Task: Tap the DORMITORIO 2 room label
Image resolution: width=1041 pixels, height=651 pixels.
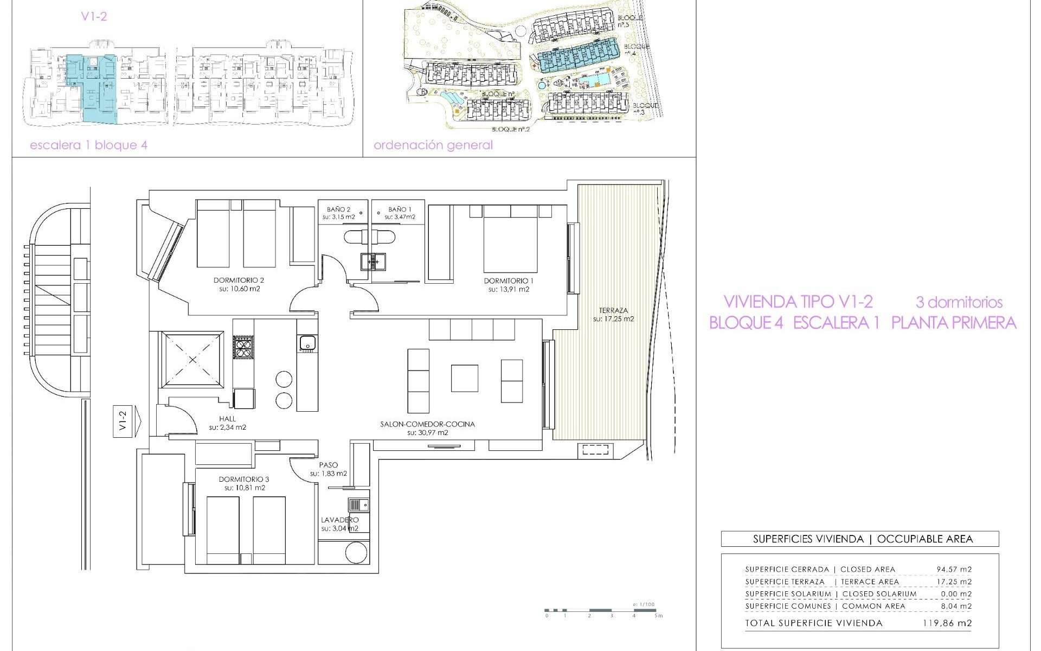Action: point(239,281)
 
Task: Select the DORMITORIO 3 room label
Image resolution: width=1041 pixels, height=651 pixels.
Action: point(244,480)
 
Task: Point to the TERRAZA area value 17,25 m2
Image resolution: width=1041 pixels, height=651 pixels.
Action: point(613,319)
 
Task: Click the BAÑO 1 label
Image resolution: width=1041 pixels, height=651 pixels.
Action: point(400,209)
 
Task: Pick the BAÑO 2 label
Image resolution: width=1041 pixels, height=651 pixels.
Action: point(339,209)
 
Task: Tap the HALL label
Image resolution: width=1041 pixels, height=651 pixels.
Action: point(227,419)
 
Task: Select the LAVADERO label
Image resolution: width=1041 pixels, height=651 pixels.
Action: point(340,520)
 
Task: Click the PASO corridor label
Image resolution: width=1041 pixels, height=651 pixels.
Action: point(329,465)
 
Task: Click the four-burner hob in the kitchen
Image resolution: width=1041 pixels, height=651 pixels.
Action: point(243,347)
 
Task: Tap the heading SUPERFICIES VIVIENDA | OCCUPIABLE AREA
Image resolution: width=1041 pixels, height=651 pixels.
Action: point(860,539)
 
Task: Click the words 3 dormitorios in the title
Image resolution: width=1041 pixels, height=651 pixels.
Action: point(959,302)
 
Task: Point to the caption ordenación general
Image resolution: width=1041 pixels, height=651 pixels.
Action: point(433,145)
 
